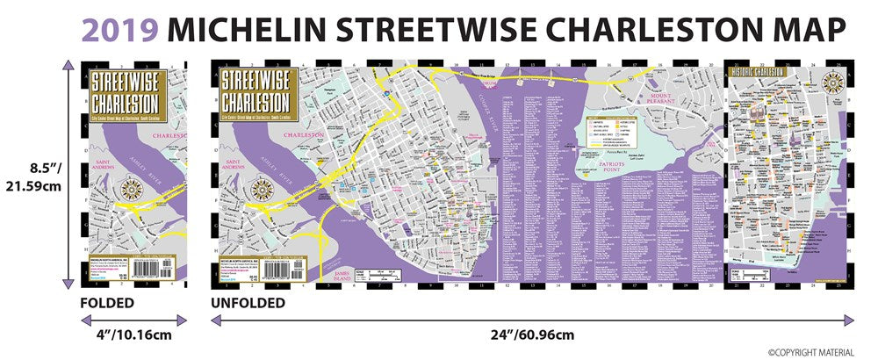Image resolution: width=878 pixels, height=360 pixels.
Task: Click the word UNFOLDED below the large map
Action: [x=248, y=304]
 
